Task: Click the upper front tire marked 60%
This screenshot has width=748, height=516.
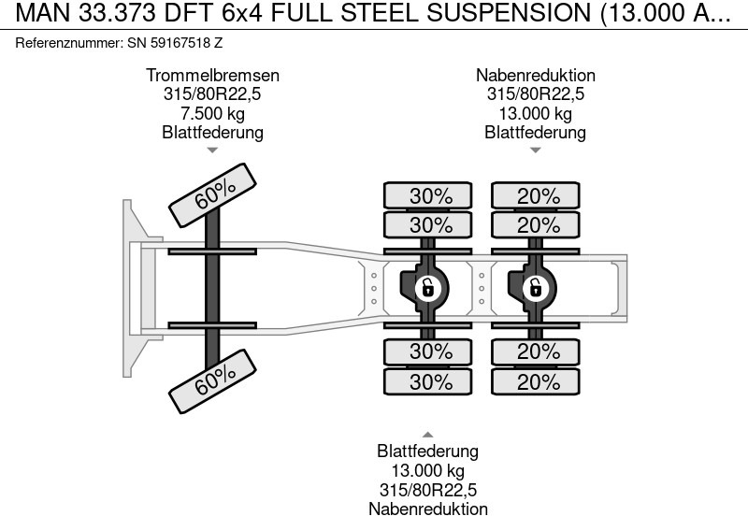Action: point(214,194)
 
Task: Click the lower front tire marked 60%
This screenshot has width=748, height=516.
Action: point(214,378)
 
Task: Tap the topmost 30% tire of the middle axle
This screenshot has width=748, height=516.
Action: point(431,196)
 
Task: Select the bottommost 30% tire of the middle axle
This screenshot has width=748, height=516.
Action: point(431,382)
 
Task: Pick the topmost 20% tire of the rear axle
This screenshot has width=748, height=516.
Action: point(539,196)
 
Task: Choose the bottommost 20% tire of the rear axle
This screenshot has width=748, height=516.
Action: point(539,382)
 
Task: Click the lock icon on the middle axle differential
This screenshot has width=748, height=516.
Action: point(427,287)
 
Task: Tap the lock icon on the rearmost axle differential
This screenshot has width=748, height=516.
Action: point(535,287)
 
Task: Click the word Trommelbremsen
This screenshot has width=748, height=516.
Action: point(212,76)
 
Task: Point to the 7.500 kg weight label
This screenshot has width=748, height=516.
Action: point(212,113)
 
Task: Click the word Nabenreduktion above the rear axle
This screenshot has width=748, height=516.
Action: point(535,76)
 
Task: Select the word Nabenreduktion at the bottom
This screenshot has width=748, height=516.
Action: point(427,509)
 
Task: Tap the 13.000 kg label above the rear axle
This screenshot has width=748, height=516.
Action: point(535,113)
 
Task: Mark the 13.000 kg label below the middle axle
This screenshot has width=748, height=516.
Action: point(427,470)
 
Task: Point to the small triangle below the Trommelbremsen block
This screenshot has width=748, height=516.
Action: point(212,150)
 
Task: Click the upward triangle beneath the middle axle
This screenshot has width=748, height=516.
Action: point(427,434)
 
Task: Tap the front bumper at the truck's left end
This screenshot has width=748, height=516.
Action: point(131,288)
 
